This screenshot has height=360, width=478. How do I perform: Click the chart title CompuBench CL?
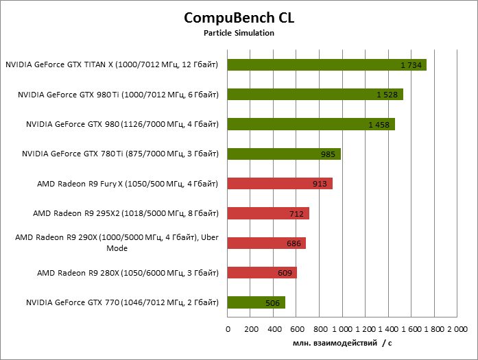pos(239,17)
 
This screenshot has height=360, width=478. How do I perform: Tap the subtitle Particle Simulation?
pos(239,33)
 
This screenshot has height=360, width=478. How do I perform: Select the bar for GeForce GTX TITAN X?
pos(326,65)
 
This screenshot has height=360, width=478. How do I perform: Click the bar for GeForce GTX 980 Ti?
pos(315,95)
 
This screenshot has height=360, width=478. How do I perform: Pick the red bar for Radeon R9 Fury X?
pos(280,183)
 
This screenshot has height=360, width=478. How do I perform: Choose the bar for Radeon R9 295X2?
pos(268,213)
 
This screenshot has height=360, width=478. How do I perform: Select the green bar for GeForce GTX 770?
pos(256,302)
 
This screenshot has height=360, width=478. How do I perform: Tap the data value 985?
pos(328,154)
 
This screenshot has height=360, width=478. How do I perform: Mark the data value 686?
pos(294,243)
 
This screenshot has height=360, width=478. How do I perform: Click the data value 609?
pos(285,273)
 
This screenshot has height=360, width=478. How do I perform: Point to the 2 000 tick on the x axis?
pos(457,329)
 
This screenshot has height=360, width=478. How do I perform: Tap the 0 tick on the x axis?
pos(228,329)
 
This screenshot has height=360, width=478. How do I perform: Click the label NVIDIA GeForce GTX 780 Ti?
pos(120,154)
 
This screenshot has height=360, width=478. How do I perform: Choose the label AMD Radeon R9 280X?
pos(128,272)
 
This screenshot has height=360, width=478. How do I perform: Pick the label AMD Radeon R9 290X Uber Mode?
pos(117,243)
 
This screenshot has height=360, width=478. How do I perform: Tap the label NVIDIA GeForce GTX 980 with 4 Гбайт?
pos(122,124)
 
